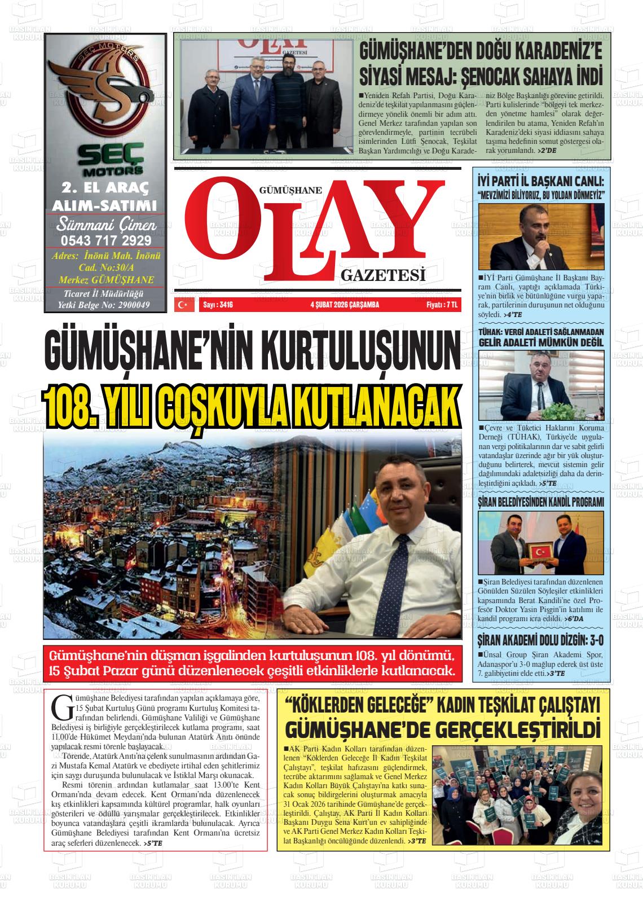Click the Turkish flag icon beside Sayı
click(182, 305)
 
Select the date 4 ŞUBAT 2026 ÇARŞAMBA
click(345, 305)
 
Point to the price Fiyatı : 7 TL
click(442, 305)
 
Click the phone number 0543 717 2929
click(105, 240)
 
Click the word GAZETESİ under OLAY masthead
click(382, 276)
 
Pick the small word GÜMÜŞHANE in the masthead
click(290, 191)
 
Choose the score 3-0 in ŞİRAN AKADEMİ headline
click(589, 640)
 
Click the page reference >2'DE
click(547, 151)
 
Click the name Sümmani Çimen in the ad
click(105, 225)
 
